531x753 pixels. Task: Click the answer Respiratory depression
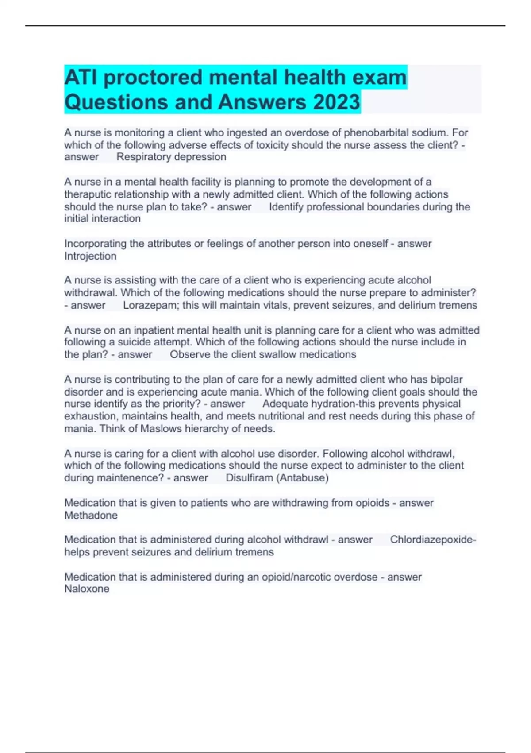coord(171,157)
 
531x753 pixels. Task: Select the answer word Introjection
coord(90,256)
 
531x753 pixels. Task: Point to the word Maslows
coord(161,429)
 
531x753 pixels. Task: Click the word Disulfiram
coord(249,478)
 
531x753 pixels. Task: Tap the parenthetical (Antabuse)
coord(302,478)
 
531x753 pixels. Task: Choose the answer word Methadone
coord(91,515)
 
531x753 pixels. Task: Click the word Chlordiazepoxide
coord(431,540)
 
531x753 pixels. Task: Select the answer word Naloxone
coord(87,589)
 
